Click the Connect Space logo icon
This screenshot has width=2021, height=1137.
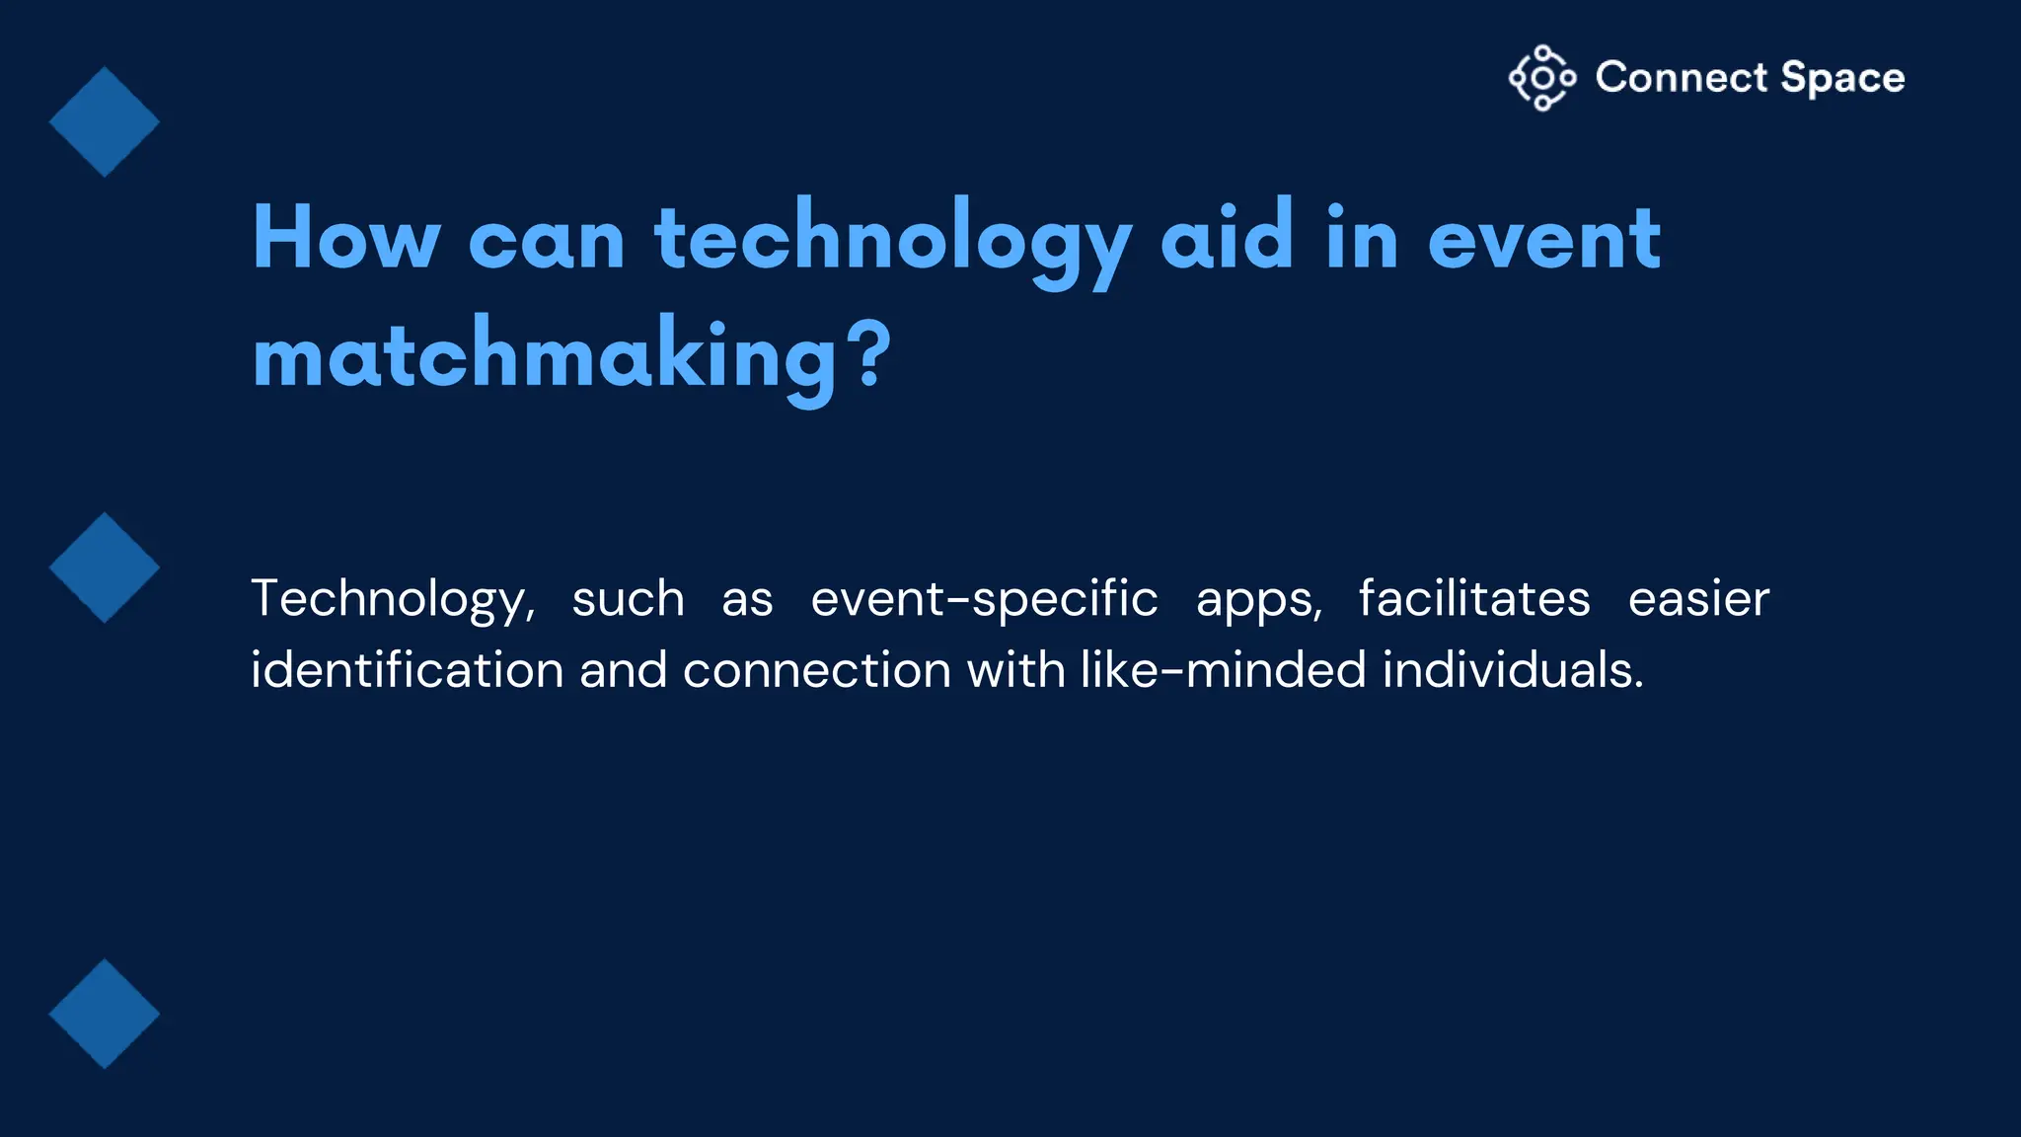[1541, 77]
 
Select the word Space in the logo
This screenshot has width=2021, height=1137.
[1842, 77]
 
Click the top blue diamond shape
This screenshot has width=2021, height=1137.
[104, 121]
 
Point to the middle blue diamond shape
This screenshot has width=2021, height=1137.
[104, 568]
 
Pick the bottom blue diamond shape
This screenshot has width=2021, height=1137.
[104, 1014]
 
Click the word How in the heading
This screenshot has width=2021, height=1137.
[345, 238]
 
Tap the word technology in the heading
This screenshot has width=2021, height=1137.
[892, 240]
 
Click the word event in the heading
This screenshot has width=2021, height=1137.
[1544, 240]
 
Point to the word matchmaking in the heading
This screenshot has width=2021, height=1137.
[545, 357]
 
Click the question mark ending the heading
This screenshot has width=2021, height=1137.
[871, 354]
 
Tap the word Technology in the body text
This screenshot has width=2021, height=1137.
[392, 599]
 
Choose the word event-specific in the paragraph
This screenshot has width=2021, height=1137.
[984, 599]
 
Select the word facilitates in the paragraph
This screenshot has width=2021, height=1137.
[1474, 598]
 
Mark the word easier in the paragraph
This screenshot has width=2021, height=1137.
[1698, 599]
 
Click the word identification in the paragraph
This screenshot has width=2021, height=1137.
[407, 670]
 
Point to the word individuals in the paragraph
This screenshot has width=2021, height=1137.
[1512, 670]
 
